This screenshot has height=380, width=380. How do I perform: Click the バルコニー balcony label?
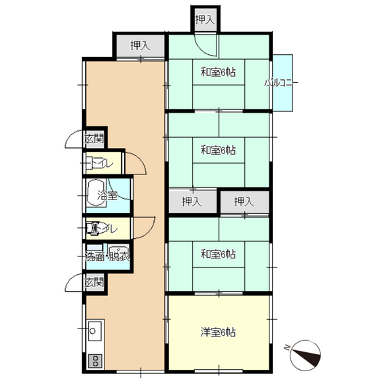tap(281, 83)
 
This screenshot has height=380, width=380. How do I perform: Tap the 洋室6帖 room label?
tap(218, 332)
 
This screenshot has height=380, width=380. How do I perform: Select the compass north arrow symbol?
tap(305, 356)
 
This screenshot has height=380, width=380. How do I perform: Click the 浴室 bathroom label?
tap(107, 195)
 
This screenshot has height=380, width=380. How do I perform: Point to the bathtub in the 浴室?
tap(96, 193)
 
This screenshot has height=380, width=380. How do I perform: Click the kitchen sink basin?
tap(95, 331)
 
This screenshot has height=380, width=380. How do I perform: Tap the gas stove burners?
tap(95, 361)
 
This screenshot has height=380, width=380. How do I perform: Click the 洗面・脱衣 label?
tap(108, 257)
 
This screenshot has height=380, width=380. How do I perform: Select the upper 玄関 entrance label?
tap(94, 139)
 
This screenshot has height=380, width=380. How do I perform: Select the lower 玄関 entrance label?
tap(94, 282)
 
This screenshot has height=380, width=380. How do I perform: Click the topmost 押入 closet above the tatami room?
tap(205, 20)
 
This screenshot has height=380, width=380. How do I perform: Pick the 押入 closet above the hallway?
tap(140, 45)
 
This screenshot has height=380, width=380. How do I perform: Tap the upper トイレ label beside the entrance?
tap(102, 164)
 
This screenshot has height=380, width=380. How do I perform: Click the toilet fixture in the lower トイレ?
tap(94, 228)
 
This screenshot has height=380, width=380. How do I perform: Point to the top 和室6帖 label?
tap(218, 72)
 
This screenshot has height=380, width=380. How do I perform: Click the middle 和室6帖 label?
tap(218, 150)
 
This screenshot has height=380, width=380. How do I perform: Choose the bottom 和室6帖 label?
tap(218, 254)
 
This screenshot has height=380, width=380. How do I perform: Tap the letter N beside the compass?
tap(288, 347)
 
